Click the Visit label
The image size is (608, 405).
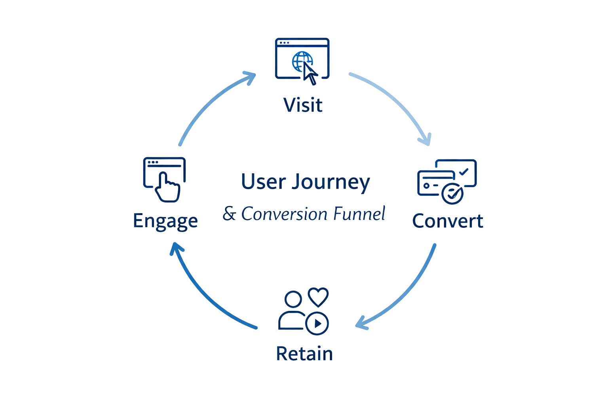(x=303, y=105)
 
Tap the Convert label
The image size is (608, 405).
(x=447, y=221)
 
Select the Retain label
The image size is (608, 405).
(x=304, y=353)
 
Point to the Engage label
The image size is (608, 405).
(x=165, y=221)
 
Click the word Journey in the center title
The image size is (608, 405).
(x=331, y=182)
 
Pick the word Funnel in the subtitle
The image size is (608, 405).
(x=359, y=214)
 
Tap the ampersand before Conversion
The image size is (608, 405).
(x=229, y=214)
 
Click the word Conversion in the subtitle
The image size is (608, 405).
(x=284, y=214)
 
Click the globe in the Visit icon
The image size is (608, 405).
(x=301, y=61)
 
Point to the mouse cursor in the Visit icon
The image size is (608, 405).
(x=310, y=74)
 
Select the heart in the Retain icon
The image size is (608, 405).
(x=318, y=297)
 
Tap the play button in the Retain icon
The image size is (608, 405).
(x=317, y=324)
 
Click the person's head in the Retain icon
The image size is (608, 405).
(x=293, y=299)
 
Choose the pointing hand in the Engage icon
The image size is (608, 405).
(x=167, y=188)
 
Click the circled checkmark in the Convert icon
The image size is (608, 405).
(x=452, y=193)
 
